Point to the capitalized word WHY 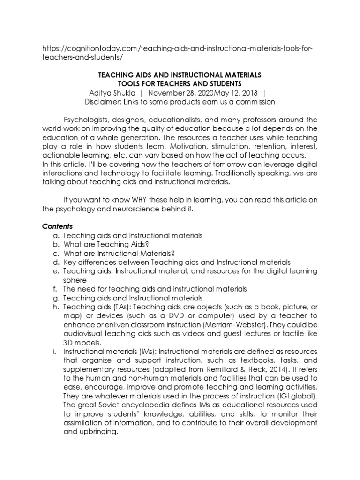tap(126, 200)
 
